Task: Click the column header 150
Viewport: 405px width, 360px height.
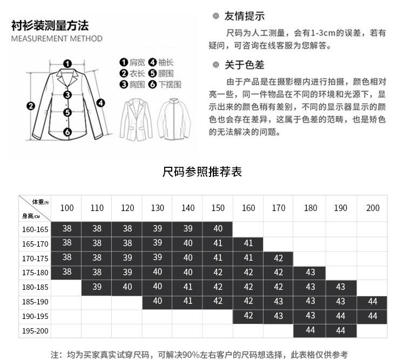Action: pyautogui.click(x=218, y=208)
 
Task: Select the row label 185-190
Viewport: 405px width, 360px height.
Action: pyautogui.click(x=35, y=302)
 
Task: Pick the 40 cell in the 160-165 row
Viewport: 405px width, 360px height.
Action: pyautogui.click(x=218, y=229)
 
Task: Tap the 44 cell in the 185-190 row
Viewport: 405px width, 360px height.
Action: pyautogui.click(x=373, y=302)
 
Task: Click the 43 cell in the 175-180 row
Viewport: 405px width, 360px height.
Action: pyautogui.click(x=310, y=273)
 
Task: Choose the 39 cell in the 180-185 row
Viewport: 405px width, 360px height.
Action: pyautogui.click(x=97, y=287)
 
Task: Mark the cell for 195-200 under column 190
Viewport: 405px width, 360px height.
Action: pyautogui.click(x=341, y=330)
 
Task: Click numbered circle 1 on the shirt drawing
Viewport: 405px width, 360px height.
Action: pyautogui.click(x=67, y=64)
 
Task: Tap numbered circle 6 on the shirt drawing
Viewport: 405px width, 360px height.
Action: pyautogui.click(x=67, y=132)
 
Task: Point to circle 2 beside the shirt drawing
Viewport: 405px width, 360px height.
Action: pyautogui.click(x=31, y=106)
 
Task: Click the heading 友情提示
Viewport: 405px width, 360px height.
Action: pyautogui.click(x=245, y=17)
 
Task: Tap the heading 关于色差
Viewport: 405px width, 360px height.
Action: pyautogui.click(x=245, y=65)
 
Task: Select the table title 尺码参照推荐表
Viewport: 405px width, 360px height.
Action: pyautogui.click(x=202, y=172)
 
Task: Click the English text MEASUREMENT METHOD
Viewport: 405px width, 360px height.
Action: pyautogui.click(x=56, y=39)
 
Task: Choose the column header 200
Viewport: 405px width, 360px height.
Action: pyautogui.click(x=373, y=208)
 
